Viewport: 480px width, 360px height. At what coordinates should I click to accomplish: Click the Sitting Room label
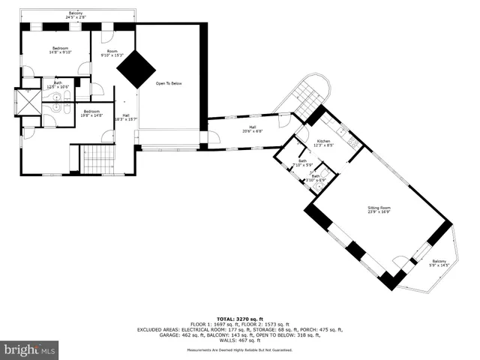coord(379,210)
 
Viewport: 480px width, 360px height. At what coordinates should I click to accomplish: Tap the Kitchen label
coord(323,143)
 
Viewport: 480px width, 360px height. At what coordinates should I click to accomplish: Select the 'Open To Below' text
coord(169,83)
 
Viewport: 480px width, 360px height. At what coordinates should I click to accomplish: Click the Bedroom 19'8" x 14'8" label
coord(91,113)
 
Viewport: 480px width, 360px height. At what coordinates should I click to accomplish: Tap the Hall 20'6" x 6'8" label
coord(253,129)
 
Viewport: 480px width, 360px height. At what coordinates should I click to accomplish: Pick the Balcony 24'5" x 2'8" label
coord(76,15)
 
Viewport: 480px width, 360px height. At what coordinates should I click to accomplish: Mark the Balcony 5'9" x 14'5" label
coord(438,263)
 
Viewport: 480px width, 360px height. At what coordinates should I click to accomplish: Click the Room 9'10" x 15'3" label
coord(112,53)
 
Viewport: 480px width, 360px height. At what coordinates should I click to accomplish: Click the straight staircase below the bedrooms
coord(95,158)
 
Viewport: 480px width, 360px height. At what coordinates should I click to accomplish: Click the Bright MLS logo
coord(29,349)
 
